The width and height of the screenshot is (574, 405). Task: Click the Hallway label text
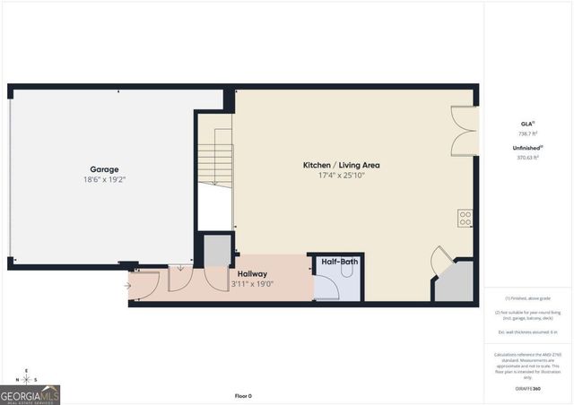coord(251,274)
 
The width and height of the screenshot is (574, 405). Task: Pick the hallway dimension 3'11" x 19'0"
coord(251,285)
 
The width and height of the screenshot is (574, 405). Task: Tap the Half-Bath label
coord(336,263)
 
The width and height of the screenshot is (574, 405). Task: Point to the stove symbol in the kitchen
coord(465,219)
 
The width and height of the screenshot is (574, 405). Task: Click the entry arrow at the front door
coord(128,286)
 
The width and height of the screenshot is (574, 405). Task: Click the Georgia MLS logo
coord(30,395)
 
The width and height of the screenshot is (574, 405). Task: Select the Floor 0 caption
coord(243,395)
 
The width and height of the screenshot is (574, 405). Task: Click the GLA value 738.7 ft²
coord(527,132)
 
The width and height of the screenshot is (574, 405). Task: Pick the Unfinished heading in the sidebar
coord(527,147)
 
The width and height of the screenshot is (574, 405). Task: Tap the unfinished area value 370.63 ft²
coord(527,157)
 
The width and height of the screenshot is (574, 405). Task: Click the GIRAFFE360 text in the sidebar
coord(527,388)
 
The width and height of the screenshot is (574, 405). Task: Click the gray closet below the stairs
coord(216,250)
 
